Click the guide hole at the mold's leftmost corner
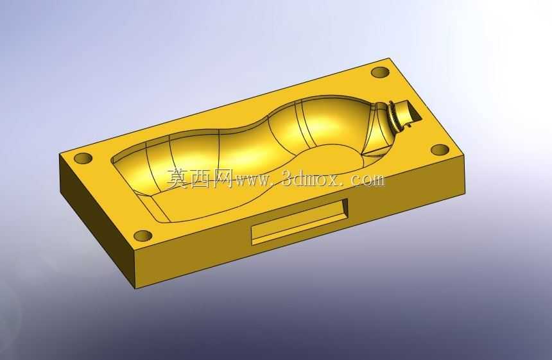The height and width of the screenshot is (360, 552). (x=83, y=158)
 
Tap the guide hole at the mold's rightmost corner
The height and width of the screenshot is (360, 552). (x=440, y=150)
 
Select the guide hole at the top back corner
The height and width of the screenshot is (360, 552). (x=380, y=73)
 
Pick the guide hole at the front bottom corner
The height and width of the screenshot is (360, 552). (x=143, y=236)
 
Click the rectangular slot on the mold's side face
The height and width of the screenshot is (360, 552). (x=299, y=221)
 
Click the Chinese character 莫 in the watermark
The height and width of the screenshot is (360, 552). (x=178, y=178)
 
